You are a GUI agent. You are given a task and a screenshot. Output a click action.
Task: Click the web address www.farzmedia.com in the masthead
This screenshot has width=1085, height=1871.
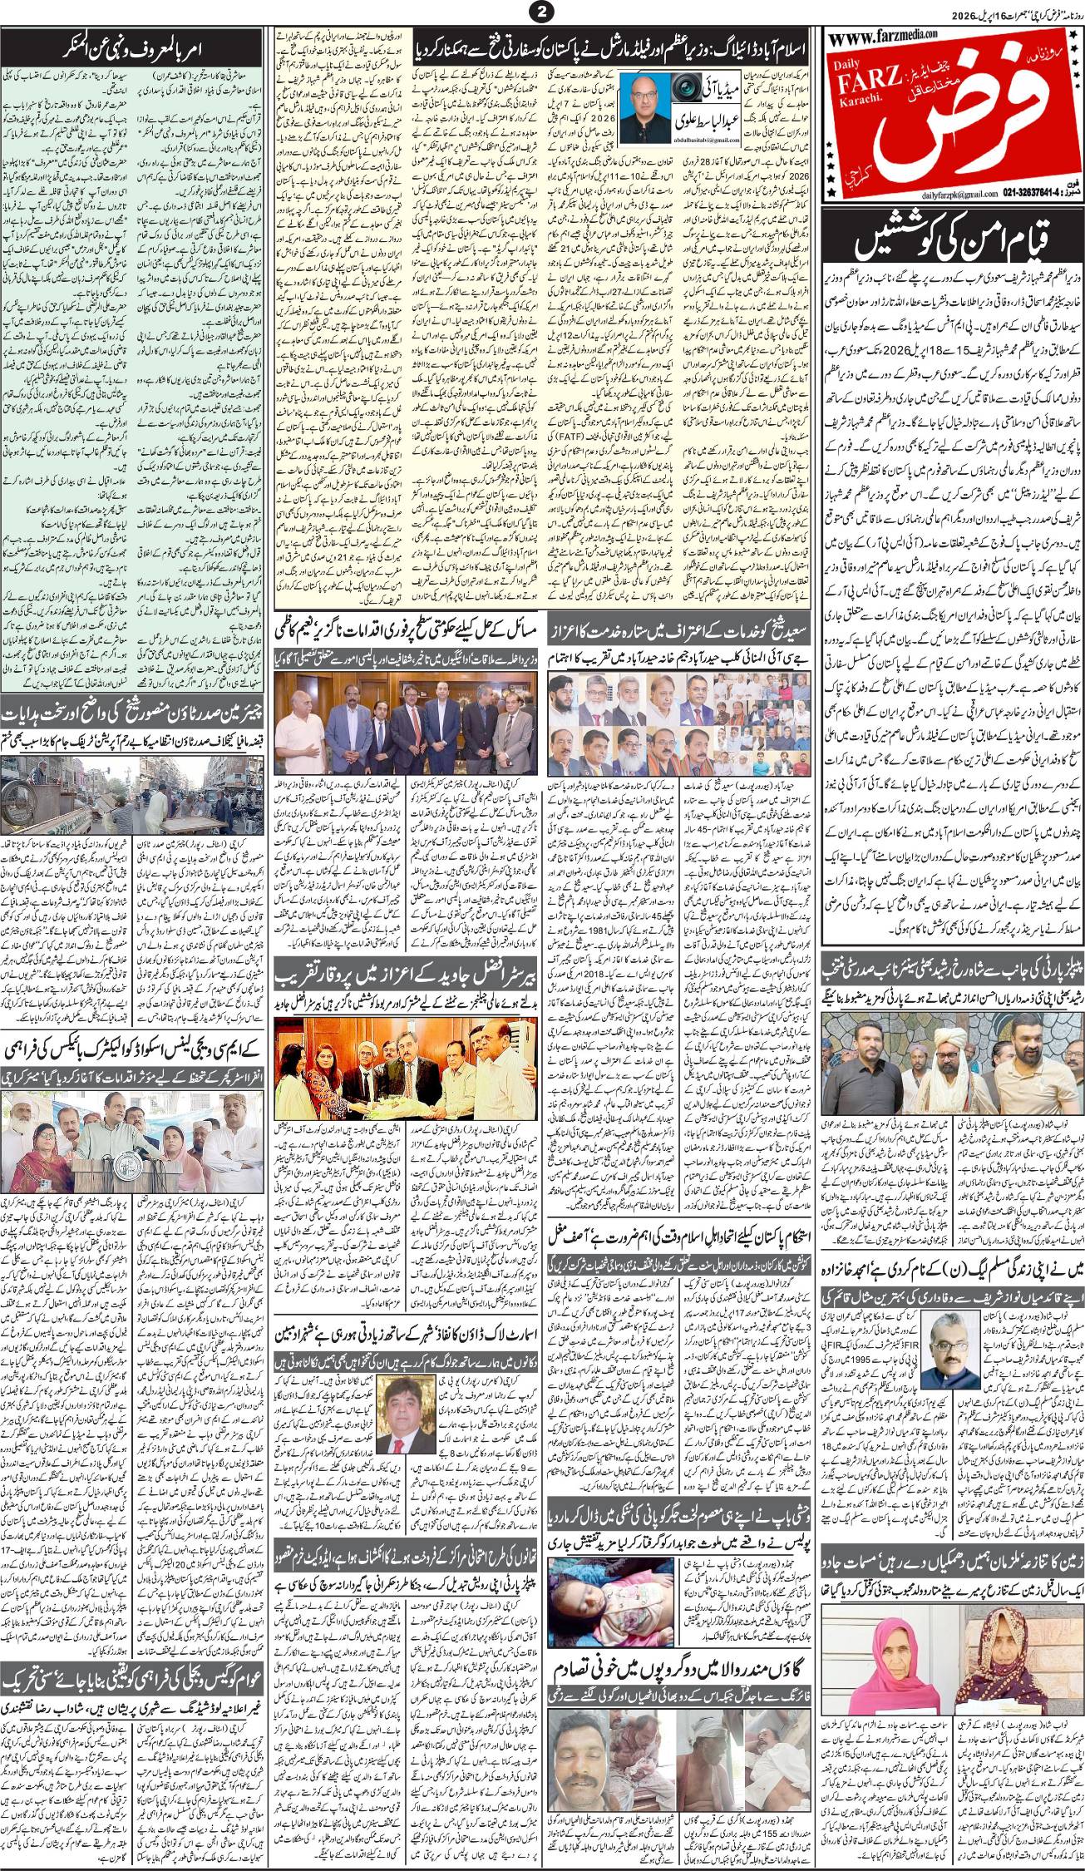[x=881, y=35]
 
